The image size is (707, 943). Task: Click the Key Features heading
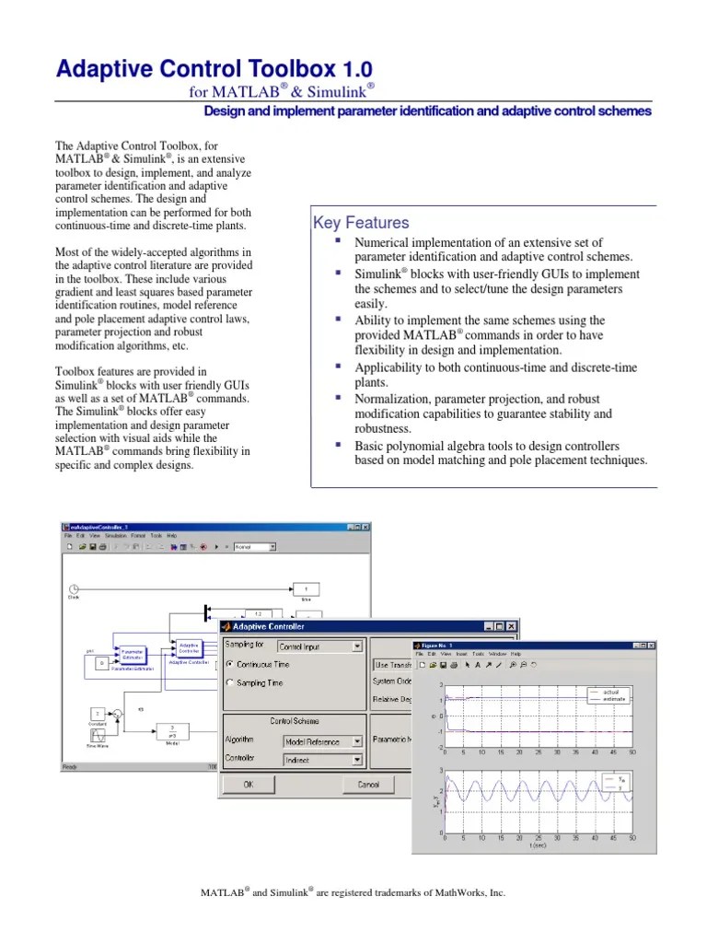pyautogui.click(x=361, y=223)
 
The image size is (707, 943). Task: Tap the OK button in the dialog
pyautogui.click(x=249, y=785)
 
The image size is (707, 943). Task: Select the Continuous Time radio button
pyautogui.click(x=230, y=664)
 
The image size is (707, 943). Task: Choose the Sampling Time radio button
pyautogui.click(x=230, y=683)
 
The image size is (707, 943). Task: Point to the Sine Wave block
pyautogui.click(x=97, y=737)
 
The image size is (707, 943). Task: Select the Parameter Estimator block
pyautogui.click(x=133, y=655)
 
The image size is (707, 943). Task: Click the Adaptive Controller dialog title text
pyautogui.click(x=276, y=626)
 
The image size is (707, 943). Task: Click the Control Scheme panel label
pyautogui.click(x=295, y=721)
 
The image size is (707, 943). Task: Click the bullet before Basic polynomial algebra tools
pyautogui.click(x=339, y=445)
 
